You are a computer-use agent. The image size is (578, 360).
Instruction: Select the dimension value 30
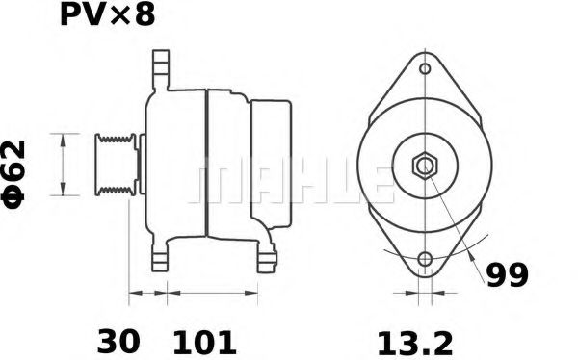118,340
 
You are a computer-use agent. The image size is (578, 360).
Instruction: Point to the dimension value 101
203,340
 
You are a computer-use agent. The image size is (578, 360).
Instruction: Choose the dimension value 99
506,275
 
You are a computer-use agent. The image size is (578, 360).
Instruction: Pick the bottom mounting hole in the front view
425,259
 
